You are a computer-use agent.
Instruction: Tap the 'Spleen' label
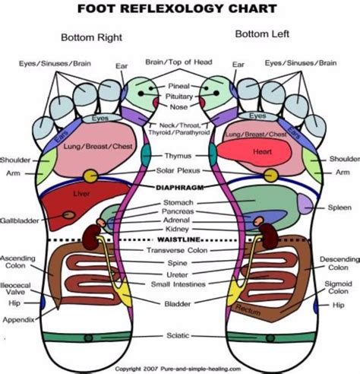click(x=338, y=207)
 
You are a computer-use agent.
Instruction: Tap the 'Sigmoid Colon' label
click(x=339, y=288)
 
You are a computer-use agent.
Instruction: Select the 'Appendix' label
click(x=17, y=320)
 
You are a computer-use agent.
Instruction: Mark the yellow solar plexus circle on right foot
click(x=90, y=176)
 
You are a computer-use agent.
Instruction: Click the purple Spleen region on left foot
click(x=304, y=203)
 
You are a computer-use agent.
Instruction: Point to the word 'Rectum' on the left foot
click(x=248, y=308)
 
